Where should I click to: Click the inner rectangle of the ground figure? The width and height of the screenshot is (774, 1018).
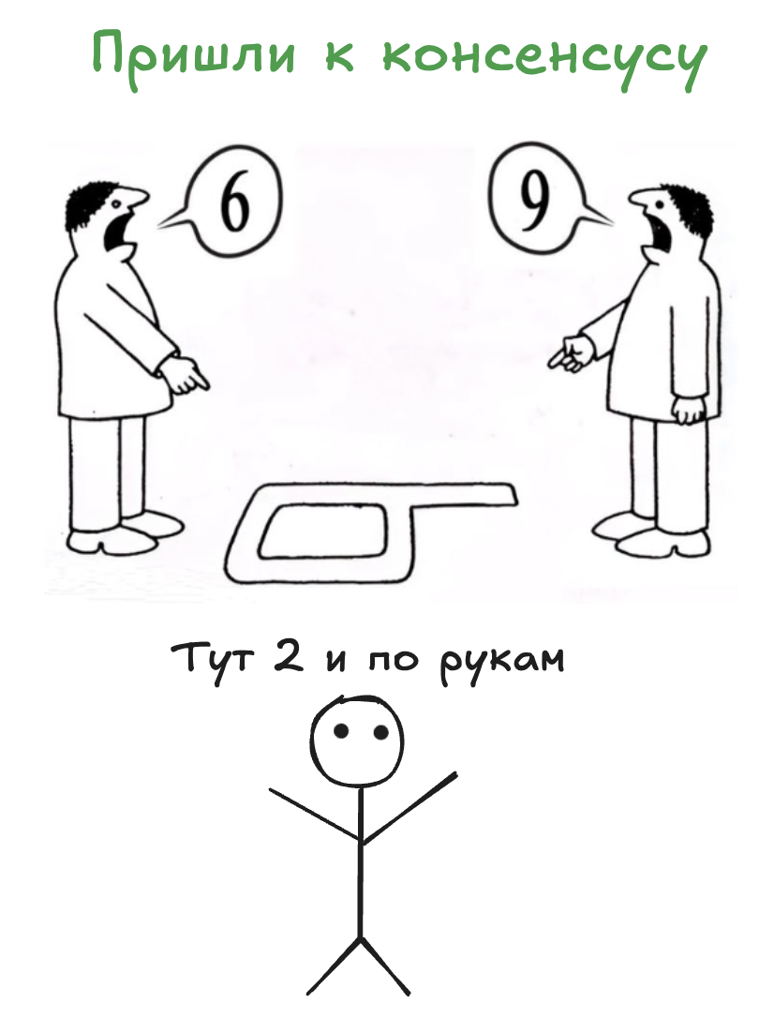coord(324,531)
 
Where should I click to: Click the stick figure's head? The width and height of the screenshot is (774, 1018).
coord(358,741)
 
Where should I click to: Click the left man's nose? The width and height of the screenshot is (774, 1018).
coord(140,198)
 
